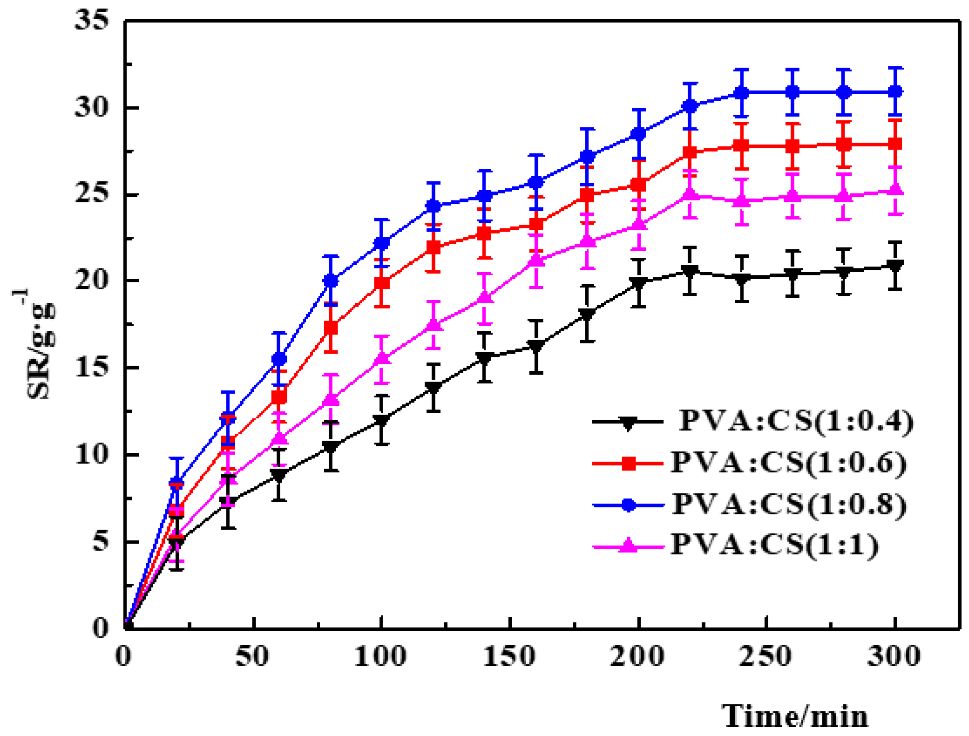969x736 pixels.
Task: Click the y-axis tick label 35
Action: click(x=91, y=20)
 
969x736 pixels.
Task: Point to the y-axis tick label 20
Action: click(x=91, y=280)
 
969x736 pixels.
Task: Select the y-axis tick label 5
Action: click(x=100, y=541)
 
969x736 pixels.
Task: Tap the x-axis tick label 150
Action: click(x=509, y=656)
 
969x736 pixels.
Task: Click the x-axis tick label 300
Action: click(x=894, y=656)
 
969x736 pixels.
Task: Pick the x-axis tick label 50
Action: click(x=252, y=656)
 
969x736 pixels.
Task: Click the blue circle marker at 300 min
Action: click(x=895, y=92)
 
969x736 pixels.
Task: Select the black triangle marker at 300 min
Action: click(x=895, y=266)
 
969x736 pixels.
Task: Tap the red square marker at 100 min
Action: click(x=382, y=283)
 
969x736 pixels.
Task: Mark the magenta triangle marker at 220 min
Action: click(x=690, y=194)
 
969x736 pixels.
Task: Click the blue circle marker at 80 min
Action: click(x=331, y=281)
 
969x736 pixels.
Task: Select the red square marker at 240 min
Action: click(x=741, y=146)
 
